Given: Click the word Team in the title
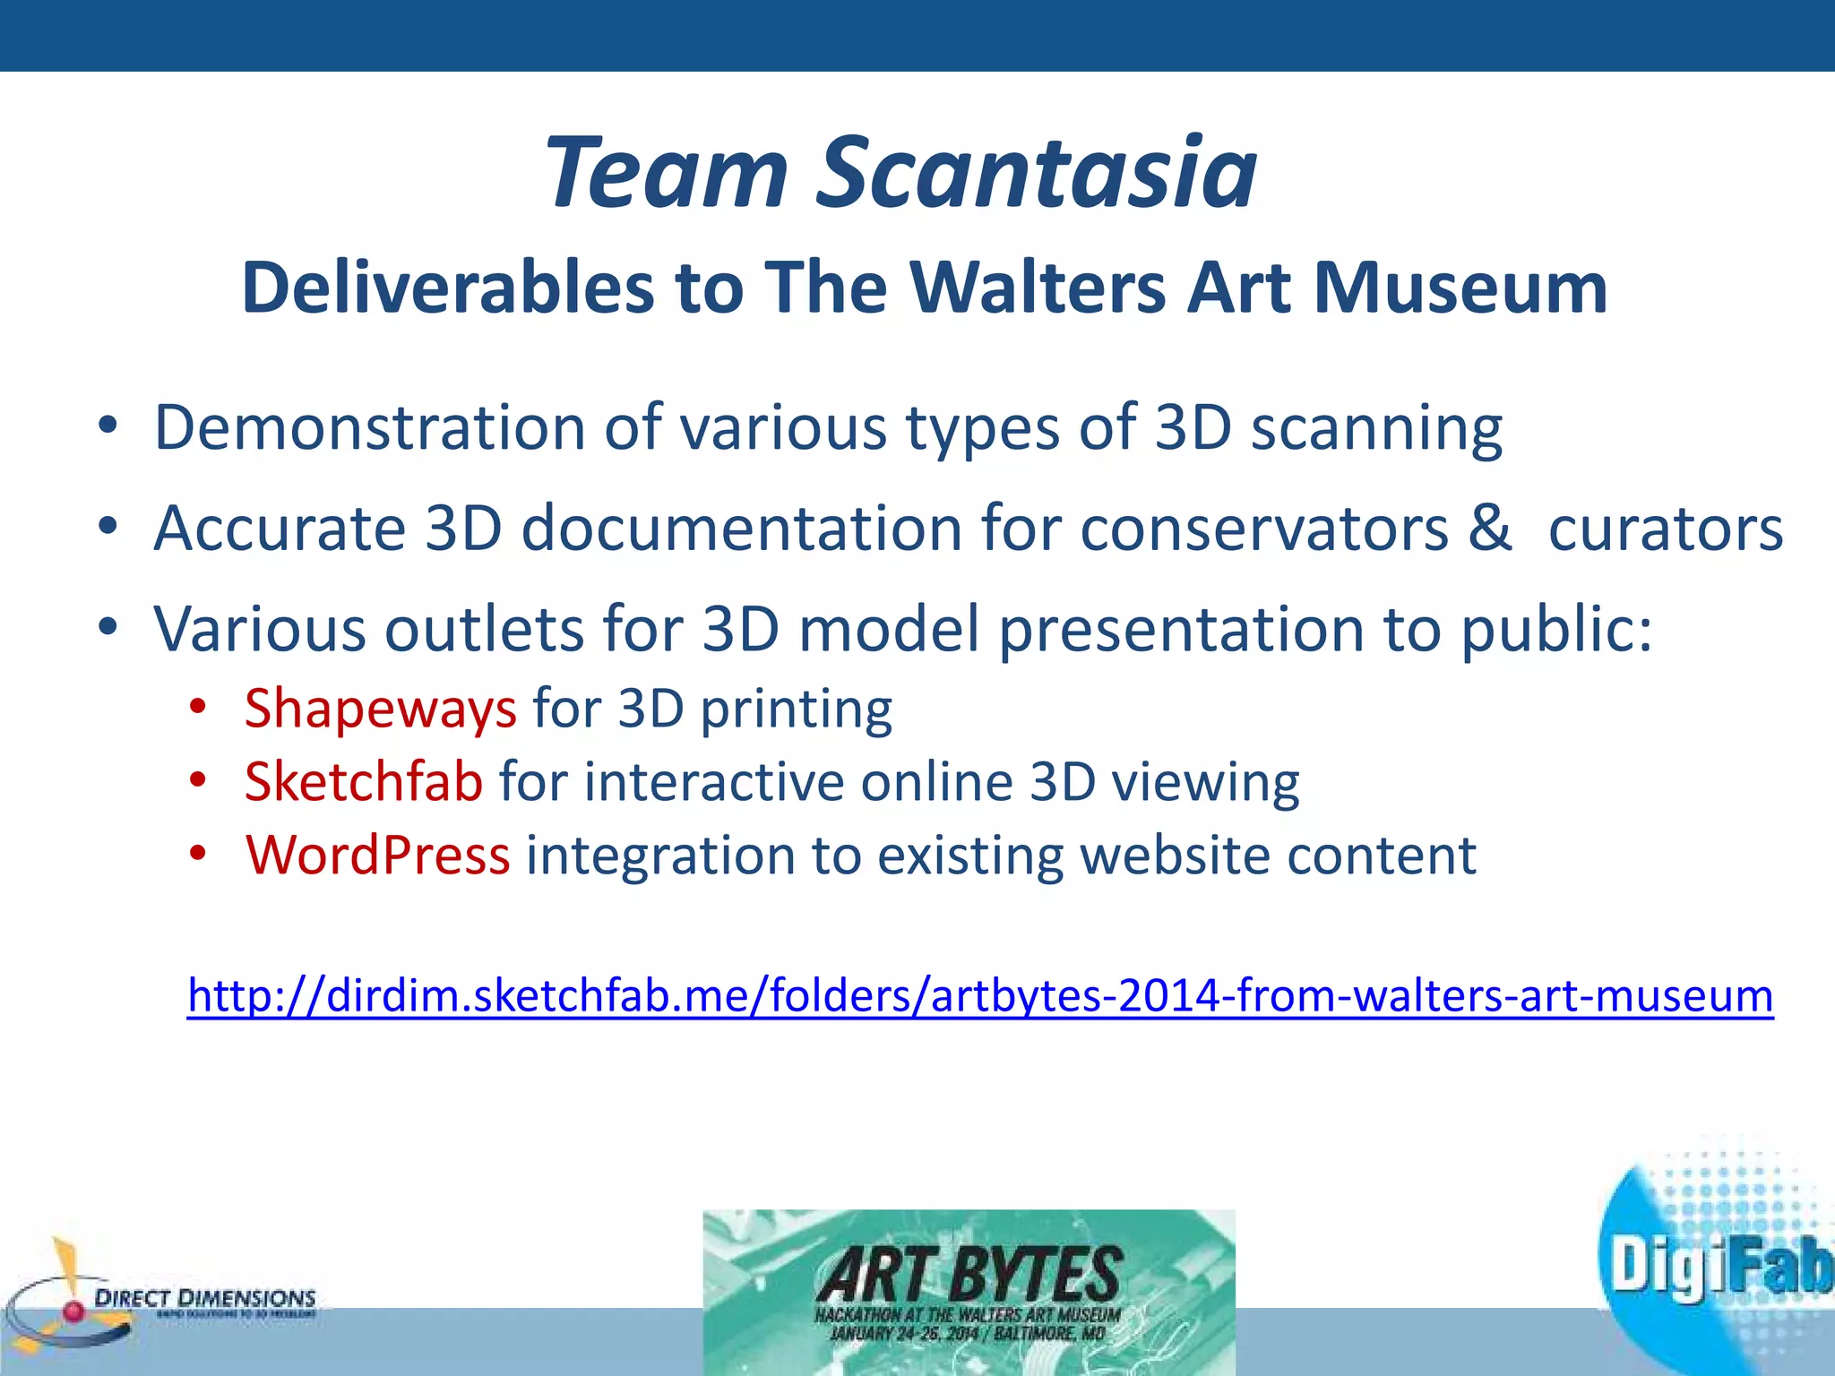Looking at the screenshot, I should point(668,172).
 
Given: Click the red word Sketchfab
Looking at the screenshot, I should point(364,781).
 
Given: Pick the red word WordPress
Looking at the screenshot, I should point(377,855).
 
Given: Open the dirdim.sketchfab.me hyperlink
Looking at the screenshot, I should point(979,995).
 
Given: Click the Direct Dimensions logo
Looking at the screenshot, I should point(161,1299).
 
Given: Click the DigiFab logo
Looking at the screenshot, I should point(1716,1263).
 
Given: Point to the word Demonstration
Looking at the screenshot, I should point(369,428).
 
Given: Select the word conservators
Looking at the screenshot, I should point(1263,529).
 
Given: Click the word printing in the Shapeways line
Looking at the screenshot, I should point(796,709).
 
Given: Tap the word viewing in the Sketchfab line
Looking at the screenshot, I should point(1205,783).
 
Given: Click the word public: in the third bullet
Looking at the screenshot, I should point(1556,630).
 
